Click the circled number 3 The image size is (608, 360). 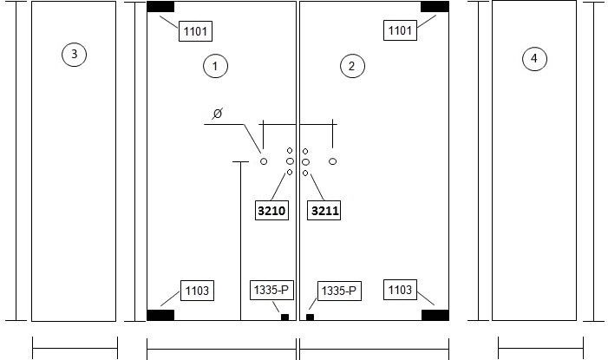click(x=74, y=54)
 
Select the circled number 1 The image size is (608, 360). click(x=215, y=66)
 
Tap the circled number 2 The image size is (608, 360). click(x=352, y=66)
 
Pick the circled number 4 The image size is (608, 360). click(x=534, y=59)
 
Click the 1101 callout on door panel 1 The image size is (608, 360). click(x=195, y=31)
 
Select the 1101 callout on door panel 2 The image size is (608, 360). click(x=400, y=30)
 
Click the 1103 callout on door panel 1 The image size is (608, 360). click(x=197, y=291)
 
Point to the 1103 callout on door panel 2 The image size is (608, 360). click(x=400, y=290)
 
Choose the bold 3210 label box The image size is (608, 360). click(x=271, y=211)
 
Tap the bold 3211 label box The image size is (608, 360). click(x=324, y=211)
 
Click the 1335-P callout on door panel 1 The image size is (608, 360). click(x=271, y=291)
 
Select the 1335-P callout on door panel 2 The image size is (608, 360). click(x=339, y=291)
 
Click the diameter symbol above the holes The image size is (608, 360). click(x=218, y=114)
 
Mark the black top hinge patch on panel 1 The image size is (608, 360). click(x=160, y=7)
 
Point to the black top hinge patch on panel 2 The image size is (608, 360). click(x=435, y=7)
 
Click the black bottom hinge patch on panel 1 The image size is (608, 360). click(x=160, y=315)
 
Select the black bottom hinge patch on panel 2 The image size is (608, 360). click(x=435, y=315)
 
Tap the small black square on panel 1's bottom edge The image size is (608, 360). click(x=285, y=317)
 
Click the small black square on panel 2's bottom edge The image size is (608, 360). click(x=311, y=317)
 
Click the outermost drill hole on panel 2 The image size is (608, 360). click(x=333, y=161)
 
